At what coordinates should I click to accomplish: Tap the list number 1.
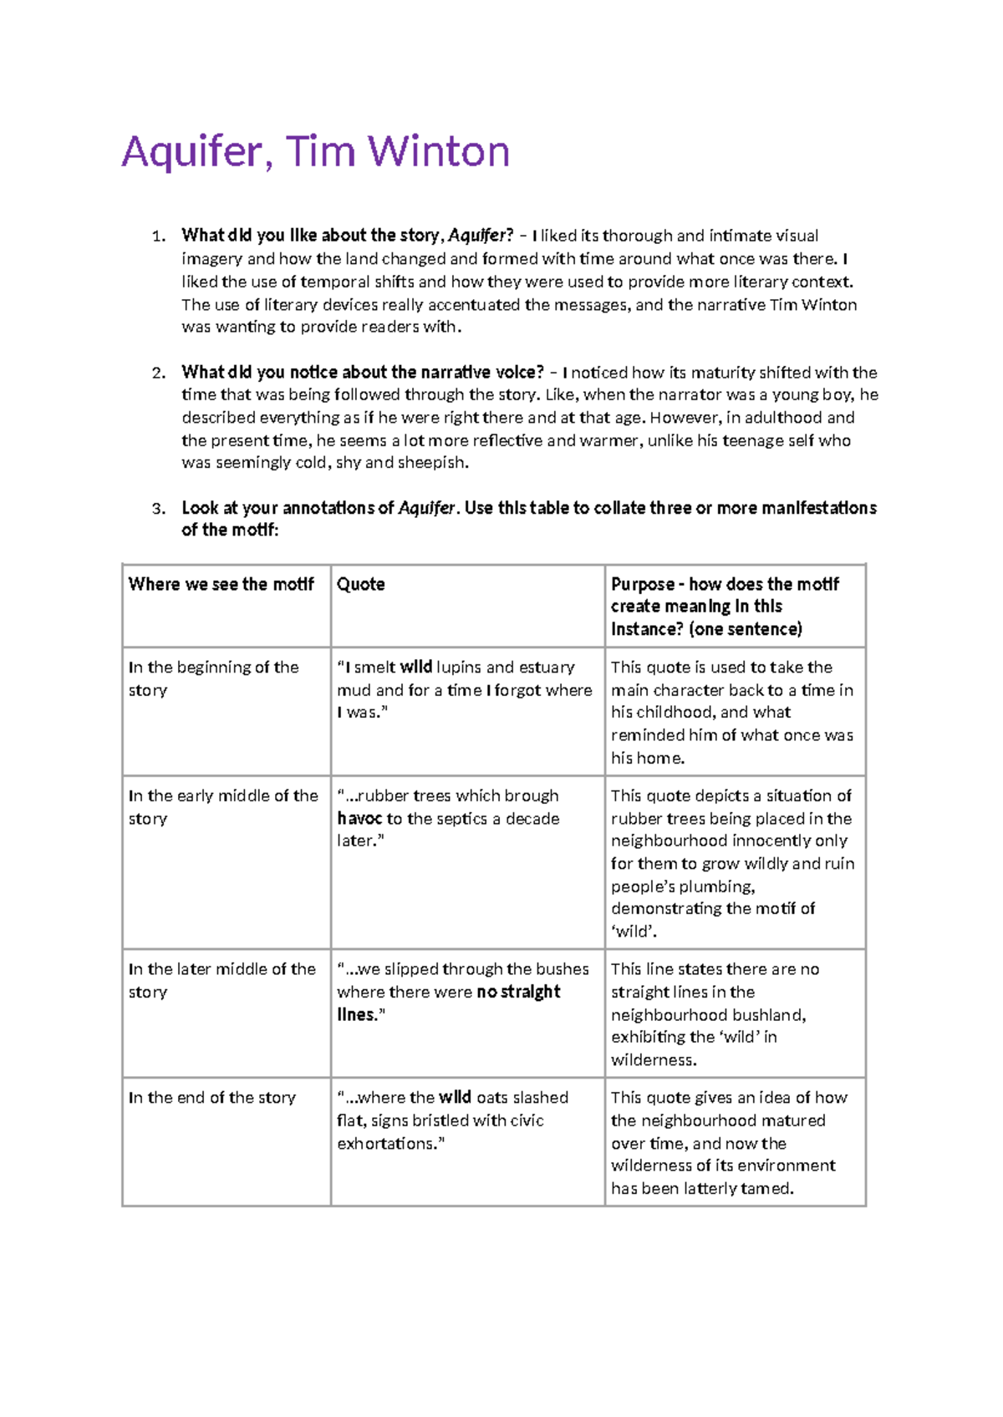coord(158,236)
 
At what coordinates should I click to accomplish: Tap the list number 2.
coord(158,373)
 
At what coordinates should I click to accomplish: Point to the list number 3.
coord(158,509)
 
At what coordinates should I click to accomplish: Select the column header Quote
coord(360,584)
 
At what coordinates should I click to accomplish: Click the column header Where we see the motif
coord(221,584)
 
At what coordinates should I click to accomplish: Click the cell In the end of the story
coord(212,1098)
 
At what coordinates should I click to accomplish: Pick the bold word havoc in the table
coord(359,819)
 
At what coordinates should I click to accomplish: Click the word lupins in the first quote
coord(458,668)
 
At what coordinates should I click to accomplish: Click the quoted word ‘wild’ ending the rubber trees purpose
coord(633,932)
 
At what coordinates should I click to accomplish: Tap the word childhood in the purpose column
coord(675,713)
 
